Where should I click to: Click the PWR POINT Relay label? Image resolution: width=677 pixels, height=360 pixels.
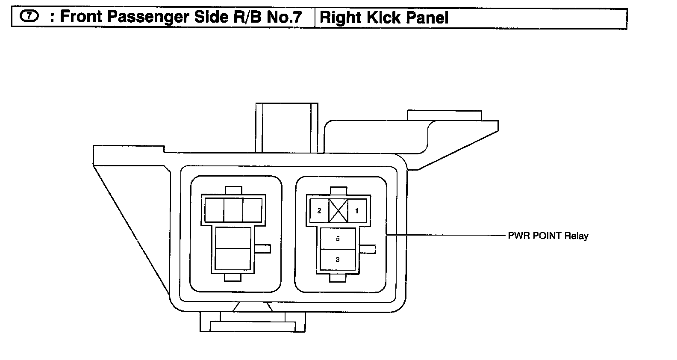548,236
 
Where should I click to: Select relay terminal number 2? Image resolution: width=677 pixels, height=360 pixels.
319,211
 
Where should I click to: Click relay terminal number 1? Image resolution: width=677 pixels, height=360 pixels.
357,211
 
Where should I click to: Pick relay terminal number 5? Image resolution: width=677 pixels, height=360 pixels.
338,239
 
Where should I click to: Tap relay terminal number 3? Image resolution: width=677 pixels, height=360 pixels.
338,260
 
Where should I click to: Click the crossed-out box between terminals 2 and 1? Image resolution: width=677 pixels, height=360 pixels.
338,211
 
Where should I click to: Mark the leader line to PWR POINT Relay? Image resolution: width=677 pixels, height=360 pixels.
444,235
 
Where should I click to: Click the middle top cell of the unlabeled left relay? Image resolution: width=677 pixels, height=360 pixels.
233,210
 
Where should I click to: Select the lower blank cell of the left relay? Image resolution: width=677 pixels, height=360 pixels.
233,259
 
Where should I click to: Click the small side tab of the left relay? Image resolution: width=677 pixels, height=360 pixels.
263,248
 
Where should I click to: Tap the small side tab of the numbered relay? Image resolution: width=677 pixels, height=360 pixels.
368,248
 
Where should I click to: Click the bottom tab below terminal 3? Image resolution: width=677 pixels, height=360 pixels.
338,278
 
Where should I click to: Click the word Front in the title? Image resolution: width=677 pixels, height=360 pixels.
81,17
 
